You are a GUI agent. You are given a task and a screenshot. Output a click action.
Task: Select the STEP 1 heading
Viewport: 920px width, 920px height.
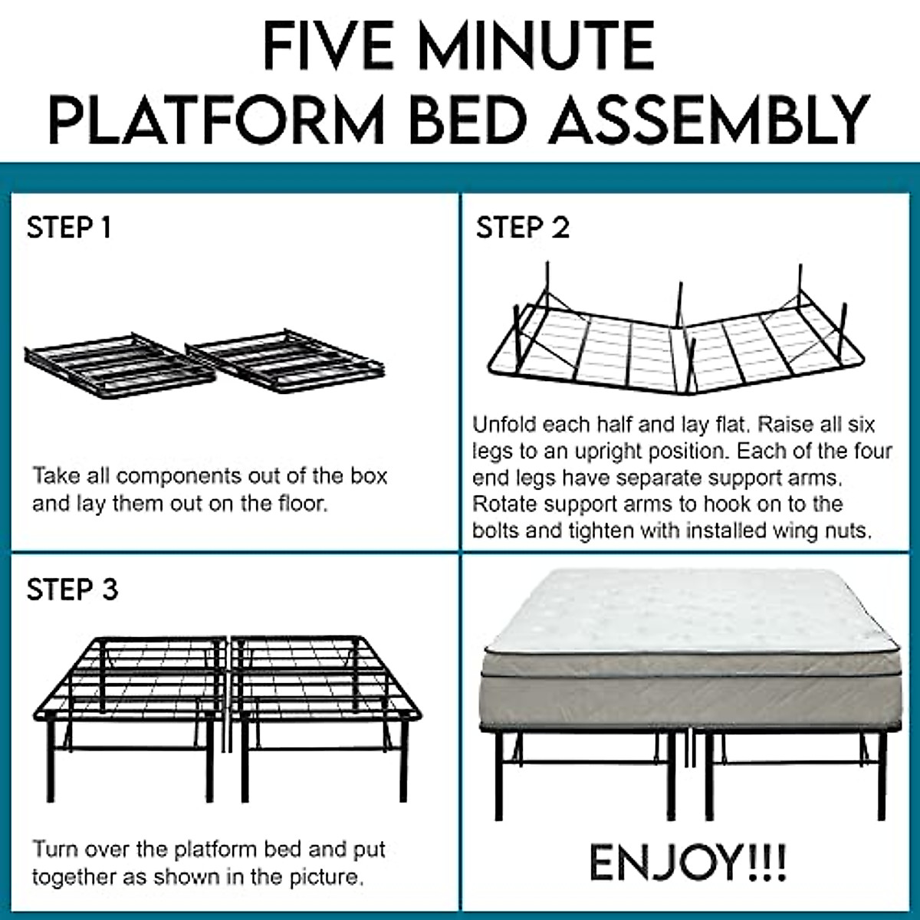(x=69, y=228)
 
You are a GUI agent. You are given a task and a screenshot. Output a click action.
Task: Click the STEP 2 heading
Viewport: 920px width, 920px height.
(x=523, y=228)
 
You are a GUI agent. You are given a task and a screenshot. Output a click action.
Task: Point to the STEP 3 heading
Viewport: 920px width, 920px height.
(x=72, y=590)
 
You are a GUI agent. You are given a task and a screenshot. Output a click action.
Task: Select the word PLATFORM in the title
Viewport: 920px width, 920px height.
(x=216, y=120)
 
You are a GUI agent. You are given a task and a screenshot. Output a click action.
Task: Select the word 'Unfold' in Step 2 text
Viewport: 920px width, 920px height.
(x=505, y=425)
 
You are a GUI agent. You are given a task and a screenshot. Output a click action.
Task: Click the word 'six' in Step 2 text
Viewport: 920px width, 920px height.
(x=860, y=425)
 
